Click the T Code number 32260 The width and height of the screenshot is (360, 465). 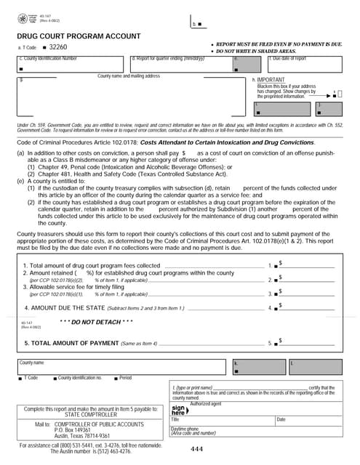(59, 46)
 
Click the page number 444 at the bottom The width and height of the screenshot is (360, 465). (196, 450)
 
